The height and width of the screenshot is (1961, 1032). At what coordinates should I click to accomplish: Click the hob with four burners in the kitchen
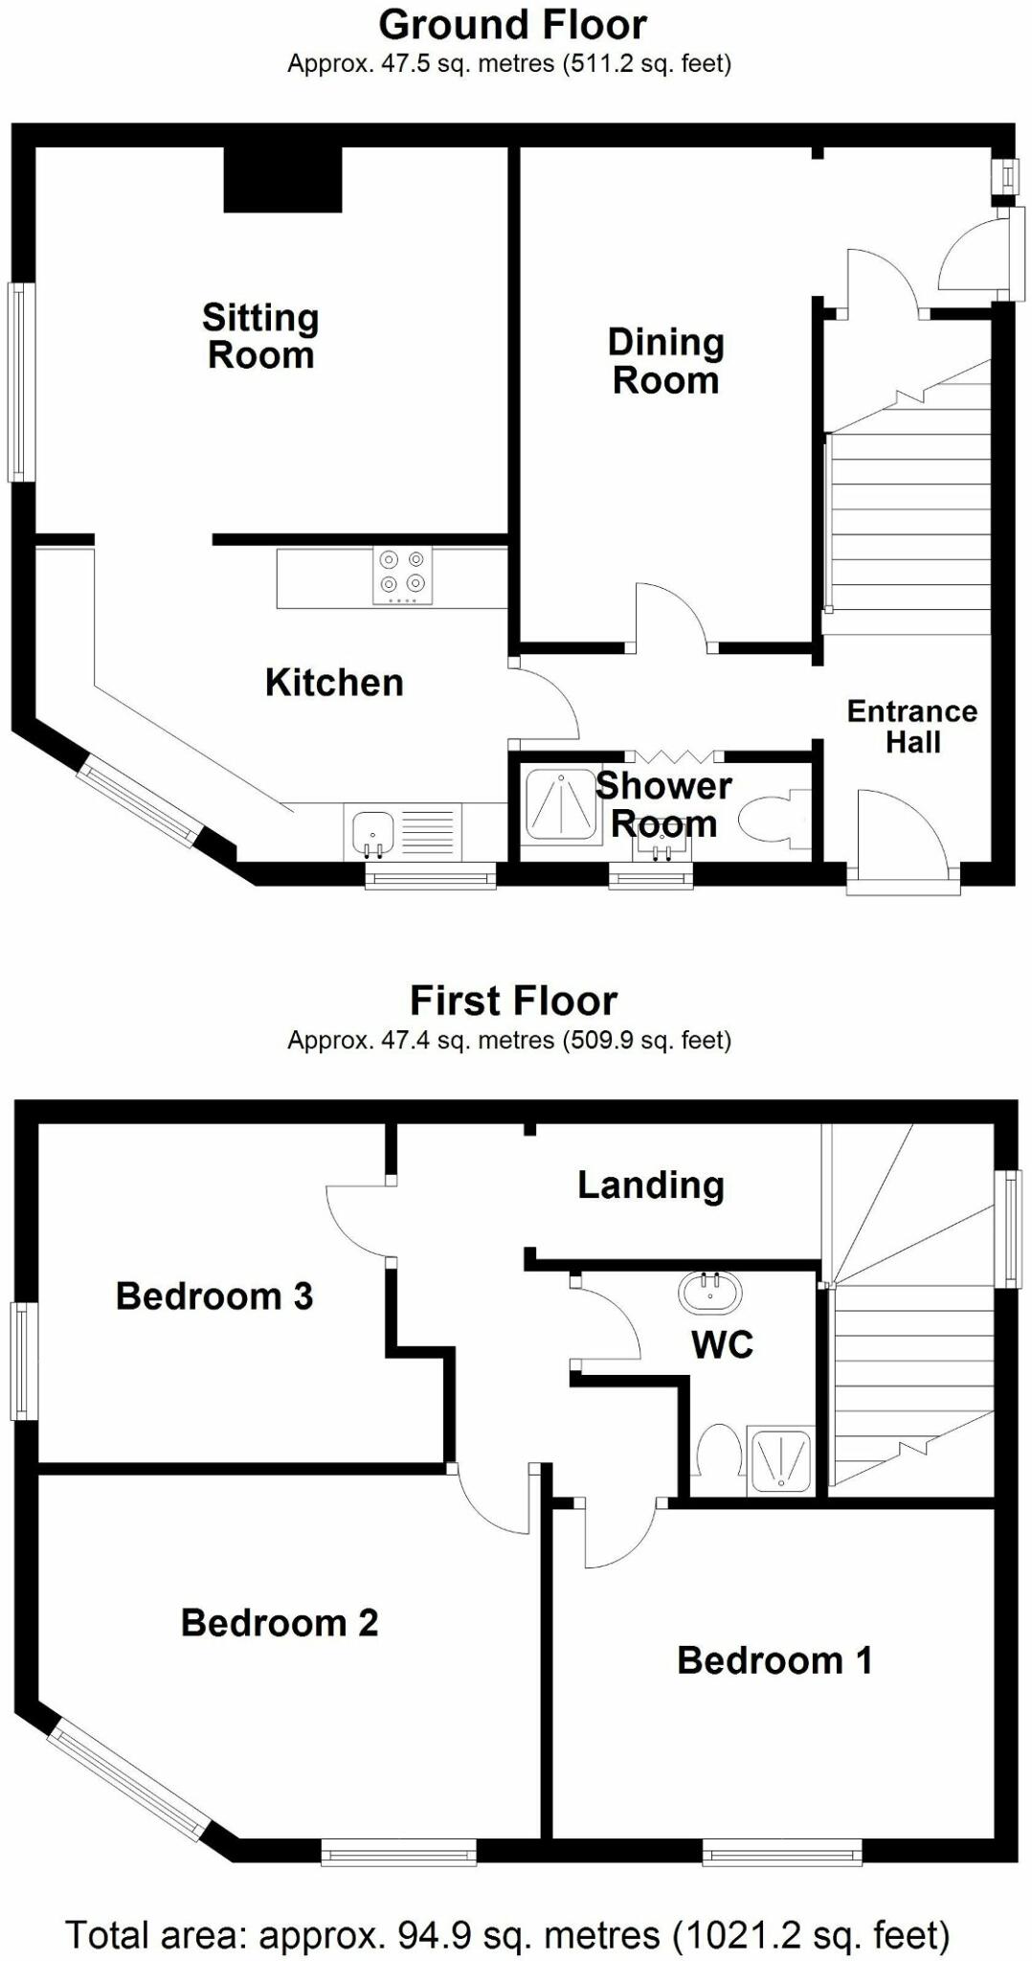coord(402,575)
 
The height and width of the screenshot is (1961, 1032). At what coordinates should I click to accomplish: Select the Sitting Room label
coord(260,336)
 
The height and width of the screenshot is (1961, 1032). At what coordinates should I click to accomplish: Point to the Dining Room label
coord(666,361)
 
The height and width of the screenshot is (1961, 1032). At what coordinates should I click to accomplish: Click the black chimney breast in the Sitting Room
coord(282,179)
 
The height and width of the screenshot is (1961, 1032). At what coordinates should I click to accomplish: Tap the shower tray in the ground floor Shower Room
coord(561,801)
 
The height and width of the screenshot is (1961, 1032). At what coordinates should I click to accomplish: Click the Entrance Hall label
coord(912,726)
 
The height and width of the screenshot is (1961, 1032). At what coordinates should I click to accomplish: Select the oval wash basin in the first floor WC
coord(709,1294)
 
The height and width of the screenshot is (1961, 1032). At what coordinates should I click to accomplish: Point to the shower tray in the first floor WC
coord(782,1460)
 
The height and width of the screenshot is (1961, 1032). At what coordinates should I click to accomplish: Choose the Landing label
coord(651,1185)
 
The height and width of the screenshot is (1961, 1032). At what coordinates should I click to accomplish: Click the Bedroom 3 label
coord(214,1296)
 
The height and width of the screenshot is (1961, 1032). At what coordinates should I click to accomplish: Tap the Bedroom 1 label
coord(774,1659)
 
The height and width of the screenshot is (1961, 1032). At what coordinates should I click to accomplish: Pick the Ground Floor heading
coord(513,24)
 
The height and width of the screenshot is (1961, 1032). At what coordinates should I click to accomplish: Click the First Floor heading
coord(513,1001)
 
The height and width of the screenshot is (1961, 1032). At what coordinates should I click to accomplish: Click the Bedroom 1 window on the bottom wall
coord(782,1853)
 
